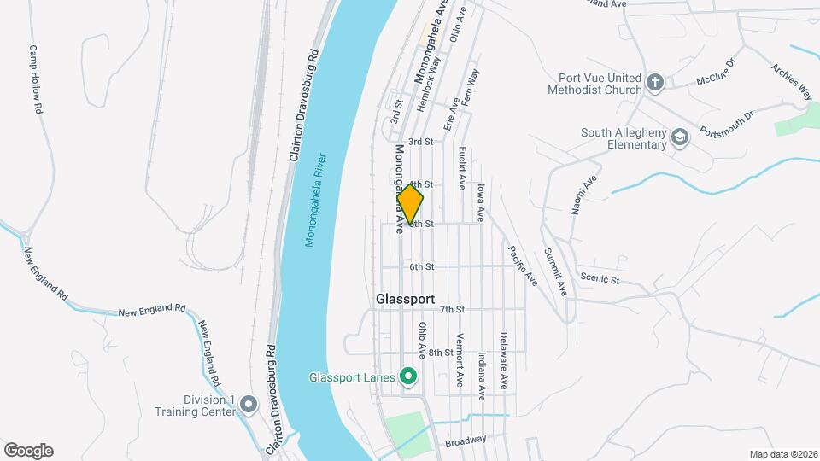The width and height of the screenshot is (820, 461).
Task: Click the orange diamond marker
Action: [411, 203]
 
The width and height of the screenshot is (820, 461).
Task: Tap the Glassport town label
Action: [405, 301]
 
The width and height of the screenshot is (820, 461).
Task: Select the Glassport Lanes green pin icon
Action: [408, 376]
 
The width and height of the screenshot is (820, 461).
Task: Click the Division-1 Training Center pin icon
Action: [249, 404]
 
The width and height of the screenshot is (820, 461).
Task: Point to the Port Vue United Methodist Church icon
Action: [655, 82]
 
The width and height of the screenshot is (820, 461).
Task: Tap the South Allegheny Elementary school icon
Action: [679, 137]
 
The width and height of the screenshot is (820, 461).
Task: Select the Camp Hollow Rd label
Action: [36, 79]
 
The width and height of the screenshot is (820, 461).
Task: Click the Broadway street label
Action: [466, 441]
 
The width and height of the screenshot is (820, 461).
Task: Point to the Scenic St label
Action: [599, 277]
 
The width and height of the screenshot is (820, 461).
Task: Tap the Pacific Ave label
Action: [521, 266]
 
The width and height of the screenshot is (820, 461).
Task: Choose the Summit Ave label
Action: [556, 273]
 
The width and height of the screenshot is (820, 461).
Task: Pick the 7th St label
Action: [452, 309]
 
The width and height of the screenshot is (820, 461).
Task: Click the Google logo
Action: [28, 451]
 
